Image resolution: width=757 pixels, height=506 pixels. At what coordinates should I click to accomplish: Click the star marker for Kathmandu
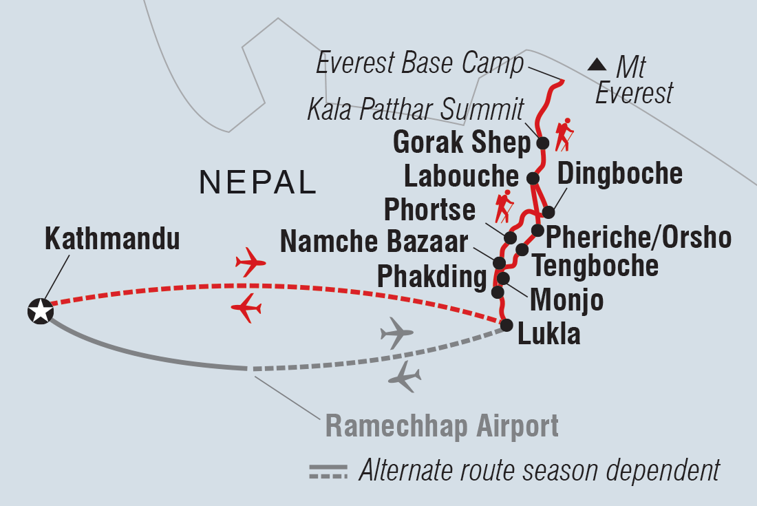tap(40, 311)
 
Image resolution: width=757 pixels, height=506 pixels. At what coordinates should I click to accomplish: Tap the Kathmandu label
tap(112, 240)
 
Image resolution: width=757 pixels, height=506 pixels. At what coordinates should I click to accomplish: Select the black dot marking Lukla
tap(507, 326)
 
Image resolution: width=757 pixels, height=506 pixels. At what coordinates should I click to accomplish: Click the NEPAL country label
tap(257, 182)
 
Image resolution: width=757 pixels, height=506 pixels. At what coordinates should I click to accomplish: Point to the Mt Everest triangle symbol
tap(597, 65)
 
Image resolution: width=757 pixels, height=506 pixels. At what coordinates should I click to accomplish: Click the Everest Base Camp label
tap(420, 65)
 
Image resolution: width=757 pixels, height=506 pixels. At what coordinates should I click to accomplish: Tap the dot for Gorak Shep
tap(542, 143)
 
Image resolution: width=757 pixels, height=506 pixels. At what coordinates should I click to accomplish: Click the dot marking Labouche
tap(533, 178)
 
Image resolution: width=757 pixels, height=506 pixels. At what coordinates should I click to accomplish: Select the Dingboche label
tap(619, 173)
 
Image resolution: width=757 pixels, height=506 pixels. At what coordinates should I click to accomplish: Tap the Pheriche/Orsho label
tap(637, 238)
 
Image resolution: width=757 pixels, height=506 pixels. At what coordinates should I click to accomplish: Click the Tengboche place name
tap(595, 265)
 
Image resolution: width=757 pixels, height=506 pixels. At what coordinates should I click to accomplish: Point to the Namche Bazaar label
tap(374, 242)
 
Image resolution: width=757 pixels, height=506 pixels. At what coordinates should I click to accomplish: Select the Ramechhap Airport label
tap(442, 426)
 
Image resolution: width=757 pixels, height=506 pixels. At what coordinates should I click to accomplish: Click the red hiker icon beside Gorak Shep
tap(564, 135)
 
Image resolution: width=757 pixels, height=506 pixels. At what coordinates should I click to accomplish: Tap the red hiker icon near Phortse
tap(505, 206)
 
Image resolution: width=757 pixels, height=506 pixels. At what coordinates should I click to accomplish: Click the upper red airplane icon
tap(250, 262)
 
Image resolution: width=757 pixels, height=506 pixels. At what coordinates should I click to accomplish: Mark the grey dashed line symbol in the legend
tap(330, 472)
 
